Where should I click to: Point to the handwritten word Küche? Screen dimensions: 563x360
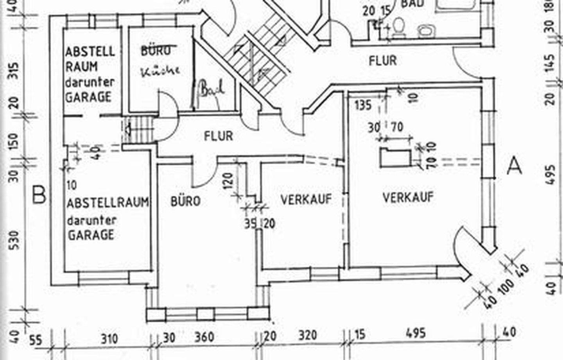pos(160,70)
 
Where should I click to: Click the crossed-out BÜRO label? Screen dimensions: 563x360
pos(156,50)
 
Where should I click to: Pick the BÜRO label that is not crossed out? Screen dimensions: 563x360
pos(185,201)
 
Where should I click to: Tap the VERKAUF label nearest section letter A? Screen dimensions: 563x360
pos(408,197)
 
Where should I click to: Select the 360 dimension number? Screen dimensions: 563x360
pos(204,337)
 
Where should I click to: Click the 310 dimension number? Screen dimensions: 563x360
pos(109,338)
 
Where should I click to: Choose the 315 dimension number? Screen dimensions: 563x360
pos(14,70)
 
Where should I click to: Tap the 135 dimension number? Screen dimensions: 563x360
pos(363,105)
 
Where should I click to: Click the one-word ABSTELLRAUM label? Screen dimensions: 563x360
pos(107,203)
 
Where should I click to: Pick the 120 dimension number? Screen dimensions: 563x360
pos(230,181)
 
